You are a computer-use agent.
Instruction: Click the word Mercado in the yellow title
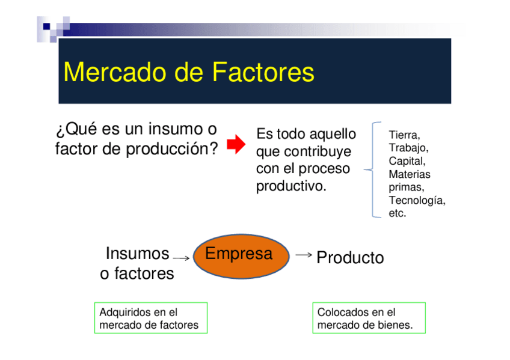pyautogui.click(x=117, y=72)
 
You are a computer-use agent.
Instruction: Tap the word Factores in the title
pyautogui.click(x=263, y=72)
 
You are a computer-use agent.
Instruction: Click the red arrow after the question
pyautogui.click(x=236, y=144)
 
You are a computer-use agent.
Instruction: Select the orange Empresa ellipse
pyautogui.click(x=241, y=256)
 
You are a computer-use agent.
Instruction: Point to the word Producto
pyautogui.click(x=350, y=258)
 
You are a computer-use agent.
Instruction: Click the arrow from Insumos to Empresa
pyautogui.click(x=181, y=258)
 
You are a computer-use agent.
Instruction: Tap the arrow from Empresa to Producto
pyautogui.click(x=304, y=255)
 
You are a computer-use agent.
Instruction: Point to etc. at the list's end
pyautogui.click(x=398, y=213)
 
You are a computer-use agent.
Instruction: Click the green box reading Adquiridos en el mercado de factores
pyautogui.click(x=151, y=318)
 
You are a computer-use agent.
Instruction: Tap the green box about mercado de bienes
pyautogui.click(x=369, y=318)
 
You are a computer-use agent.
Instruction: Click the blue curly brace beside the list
pyautogui.click(x=372, y=169)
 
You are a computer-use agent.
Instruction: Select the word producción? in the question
pyautogui.click(x=172, y=149)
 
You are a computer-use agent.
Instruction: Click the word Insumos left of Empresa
pyautogui.click(x=137, y=254)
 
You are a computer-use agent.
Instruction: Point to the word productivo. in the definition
pyautogui.click(x=291, y=186)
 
